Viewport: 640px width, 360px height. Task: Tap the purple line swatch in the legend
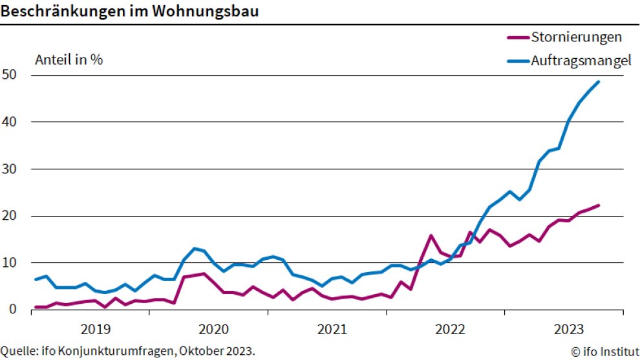(x=518, y=37)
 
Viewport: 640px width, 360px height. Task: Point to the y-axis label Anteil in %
(x=69, y=59)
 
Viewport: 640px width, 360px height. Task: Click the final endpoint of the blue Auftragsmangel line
(x=599, y=81)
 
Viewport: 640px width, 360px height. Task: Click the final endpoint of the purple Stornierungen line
(x=599, y=206)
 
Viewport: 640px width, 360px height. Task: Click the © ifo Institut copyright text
(x=604, y=352)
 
